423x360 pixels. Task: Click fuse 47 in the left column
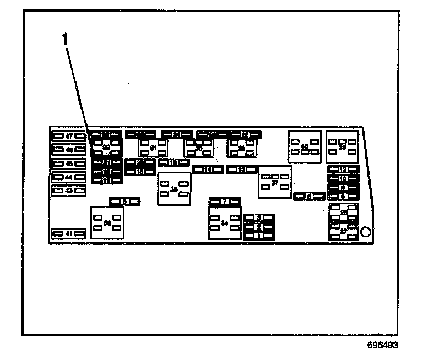point(69,135)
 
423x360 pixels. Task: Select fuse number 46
point(69,150)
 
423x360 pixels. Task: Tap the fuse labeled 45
point(69,163)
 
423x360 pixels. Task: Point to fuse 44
point(69,177)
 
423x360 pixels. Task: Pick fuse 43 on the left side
point(69,190)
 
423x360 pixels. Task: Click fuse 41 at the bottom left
point(69,234)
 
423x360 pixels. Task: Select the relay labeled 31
point(153,149)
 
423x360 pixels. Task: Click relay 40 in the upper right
point(305,147)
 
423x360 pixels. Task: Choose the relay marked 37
point(275,182)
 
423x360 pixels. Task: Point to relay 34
point(225,223)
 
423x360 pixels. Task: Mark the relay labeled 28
point(344,212)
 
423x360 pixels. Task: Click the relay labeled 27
point(344,232)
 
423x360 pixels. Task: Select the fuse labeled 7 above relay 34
point(225,201)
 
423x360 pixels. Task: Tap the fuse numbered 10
point(343,179)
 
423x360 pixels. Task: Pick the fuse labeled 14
point(208,170)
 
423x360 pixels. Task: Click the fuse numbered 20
point(140,162)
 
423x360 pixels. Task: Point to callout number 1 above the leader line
point(65,39)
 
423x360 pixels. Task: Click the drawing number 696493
point(382,346)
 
